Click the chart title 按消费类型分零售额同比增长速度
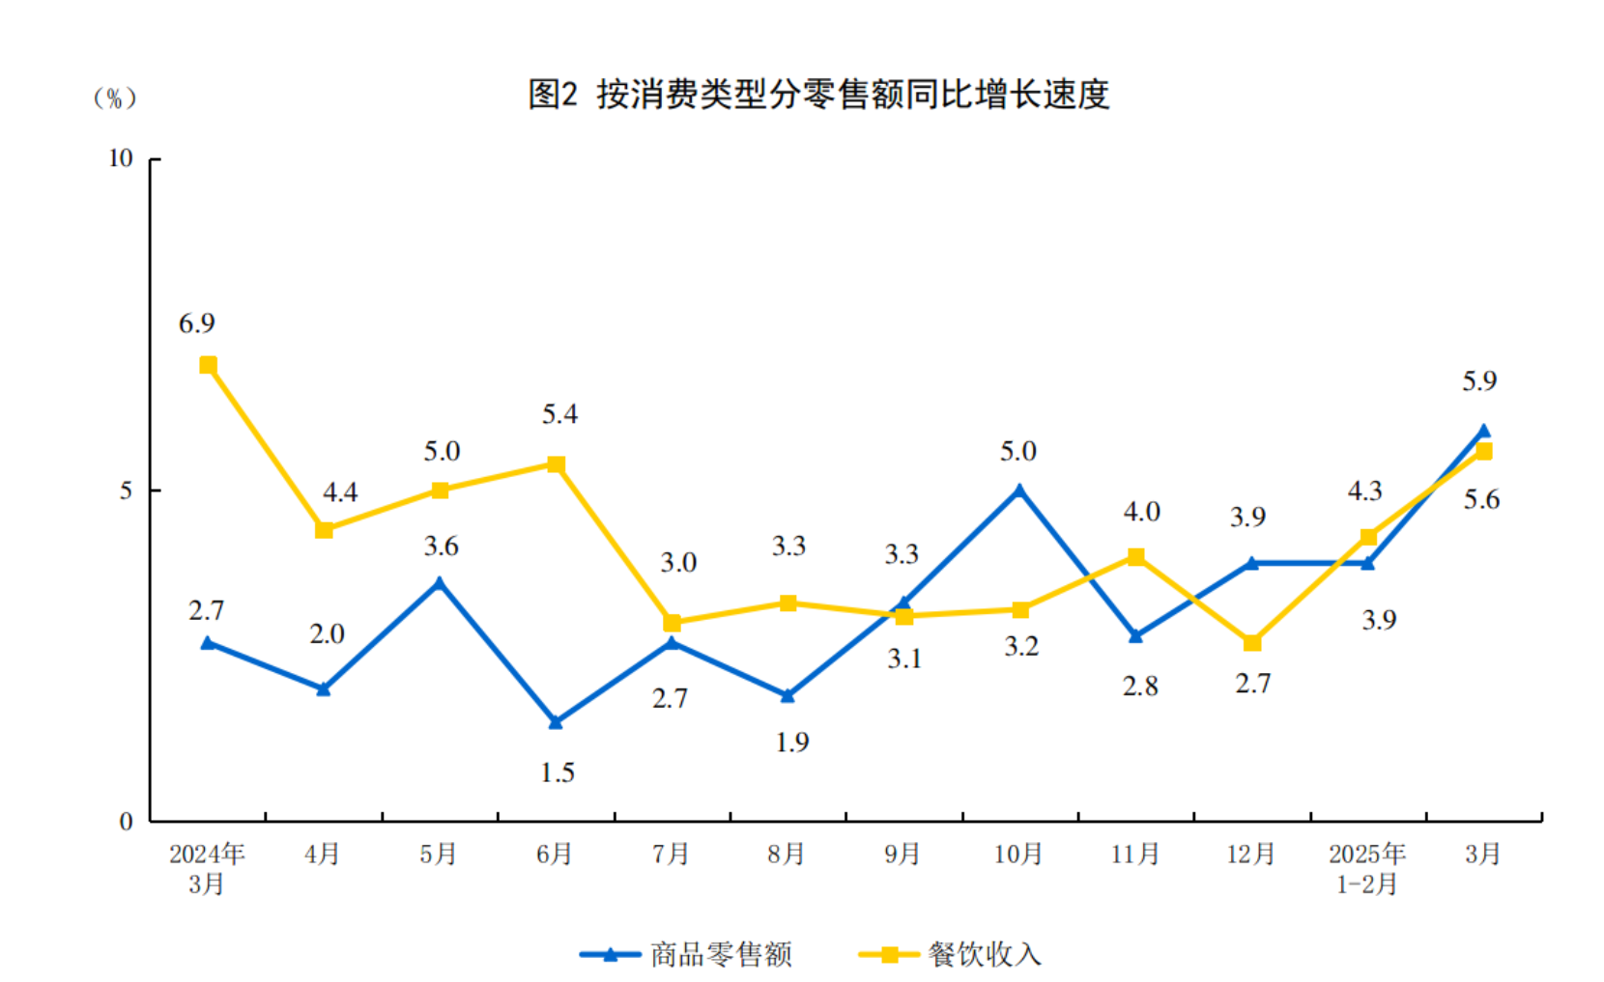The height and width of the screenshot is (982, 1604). pos(818,95)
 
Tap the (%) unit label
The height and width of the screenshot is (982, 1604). pos(114,98)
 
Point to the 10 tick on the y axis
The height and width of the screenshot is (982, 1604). pos(120,158)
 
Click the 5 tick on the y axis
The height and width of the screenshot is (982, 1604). pos(126,491)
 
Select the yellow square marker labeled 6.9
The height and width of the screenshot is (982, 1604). pos(208,365)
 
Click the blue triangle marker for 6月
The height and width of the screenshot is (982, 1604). pos(556,721)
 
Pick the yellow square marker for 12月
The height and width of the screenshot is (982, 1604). pos(1252,643)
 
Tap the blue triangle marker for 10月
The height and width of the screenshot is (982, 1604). pos(1019,491)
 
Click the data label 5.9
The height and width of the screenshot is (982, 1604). pos(1478,381)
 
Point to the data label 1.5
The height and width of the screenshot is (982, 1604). pos(557,772)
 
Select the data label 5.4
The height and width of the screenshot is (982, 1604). pos(559,414)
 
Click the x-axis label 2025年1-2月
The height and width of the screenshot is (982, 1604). pos(1366,868)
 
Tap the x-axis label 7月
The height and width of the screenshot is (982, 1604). pos(671,854)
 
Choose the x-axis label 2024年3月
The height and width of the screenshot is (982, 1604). pos(207,868)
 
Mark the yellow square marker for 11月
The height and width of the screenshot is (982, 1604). pos(1136,557)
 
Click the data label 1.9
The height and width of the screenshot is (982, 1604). pos(791,743)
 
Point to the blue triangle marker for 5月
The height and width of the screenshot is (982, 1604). pos(440,583)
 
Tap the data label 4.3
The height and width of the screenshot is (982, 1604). pos(1364,491)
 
